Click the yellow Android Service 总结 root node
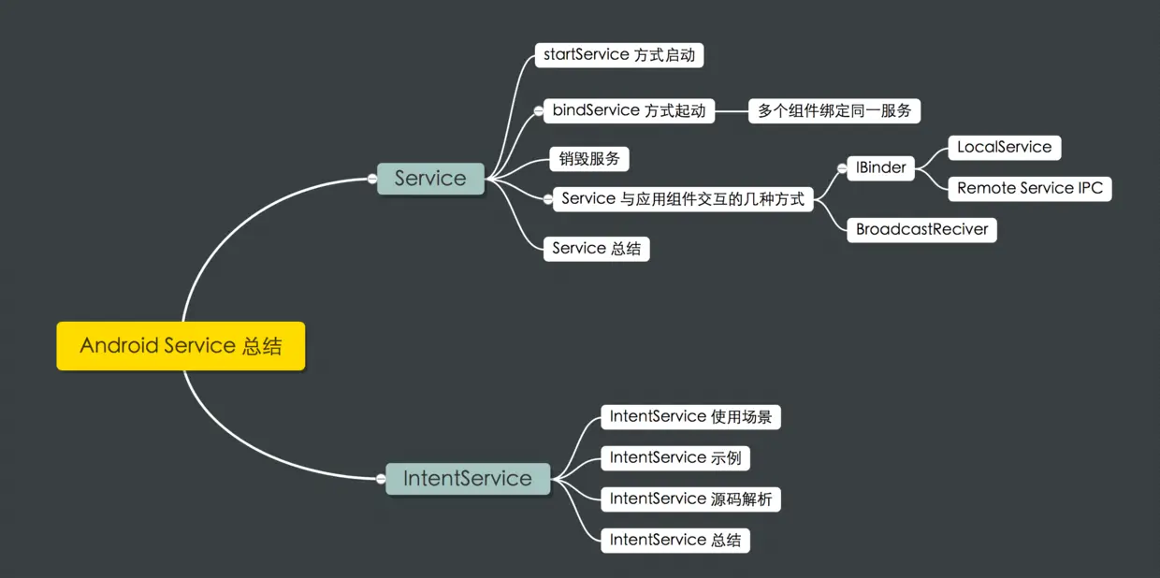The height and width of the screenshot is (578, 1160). coord(181,346)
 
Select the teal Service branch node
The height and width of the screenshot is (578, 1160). coord(430,178)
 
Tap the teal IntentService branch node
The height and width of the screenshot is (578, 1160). coord(468,479)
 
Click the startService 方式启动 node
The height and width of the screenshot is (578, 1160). coord(618,55)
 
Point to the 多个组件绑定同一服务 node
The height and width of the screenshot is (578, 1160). coord(834,111)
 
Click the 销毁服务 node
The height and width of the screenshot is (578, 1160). coord(589,159)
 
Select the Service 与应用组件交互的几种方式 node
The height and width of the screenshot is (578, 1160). coord(683,199)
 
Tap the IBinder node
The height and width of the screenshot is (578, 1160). coord(880,168)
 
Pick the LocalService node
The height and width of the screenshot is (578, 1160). coord(1004,148)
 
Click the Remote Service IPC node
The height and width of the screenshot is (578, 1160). coord(1030,188)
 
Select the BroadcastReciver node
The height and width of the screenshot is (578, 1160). coord(921,230)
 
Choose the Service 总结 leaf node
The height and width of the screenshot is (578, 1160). coord(596,249)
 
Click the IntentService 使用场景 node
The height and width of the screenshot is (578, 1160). coord(690,417)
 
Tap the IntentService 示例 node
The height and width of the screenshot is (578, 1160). coord(675,458)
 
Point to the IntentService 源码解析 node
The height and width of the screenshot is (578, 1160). coord(690,499)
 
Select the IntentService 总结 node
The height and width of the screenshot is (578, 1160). coord(675,541)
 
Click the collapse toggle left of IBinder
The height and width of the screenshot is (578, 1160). coord(842,168)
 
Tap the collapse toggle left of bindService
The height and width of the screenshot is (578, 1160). coord(538,111)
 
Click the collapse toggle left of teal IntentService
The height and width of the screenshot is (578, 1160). coord(381,479)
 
